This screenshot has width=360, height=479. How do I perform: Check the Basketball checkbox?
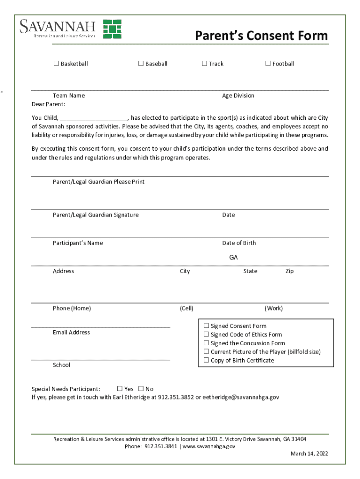(56, 64)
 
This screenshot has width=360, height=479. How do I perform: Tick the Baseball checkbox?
(141, 64)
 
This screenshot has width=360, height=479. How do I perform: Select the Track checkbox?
(204, 64)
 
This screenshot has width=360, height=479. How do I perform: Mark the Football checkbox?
(268, 64)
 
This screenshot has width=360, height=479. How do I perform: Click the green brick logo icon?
(112, 29)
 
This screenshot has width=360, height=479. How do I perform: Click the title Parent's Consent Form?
(261, 36)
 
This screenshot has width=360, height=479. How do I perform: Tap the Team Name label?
(69, 95)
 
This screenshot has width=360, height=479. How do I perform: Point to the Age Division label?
(238, 95)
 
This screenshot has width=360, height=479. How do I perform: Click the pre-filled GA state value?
(233, 258)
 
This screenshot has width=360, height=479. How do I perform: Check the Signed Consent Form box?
(206, 326)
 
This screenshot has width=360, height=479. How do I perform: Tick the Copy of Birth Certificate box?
(206, 360)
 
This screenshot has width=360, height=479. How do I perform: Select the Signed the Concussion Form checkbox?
(206, 343)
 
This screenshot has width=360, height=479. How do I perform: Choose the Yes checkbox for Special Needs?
(120, 389)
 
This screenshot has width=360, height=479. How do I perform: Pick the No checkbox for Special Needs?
(141, 389)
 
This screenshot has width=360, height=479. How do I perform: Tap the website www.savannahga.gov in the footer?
(209, 446)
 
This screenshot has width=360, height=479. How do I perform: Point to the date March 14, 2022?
(309, 454)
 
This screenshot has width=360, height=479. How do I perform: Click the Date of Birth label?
(239, 243)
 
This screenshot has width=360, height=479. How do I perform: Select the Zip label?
(289, 271)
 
